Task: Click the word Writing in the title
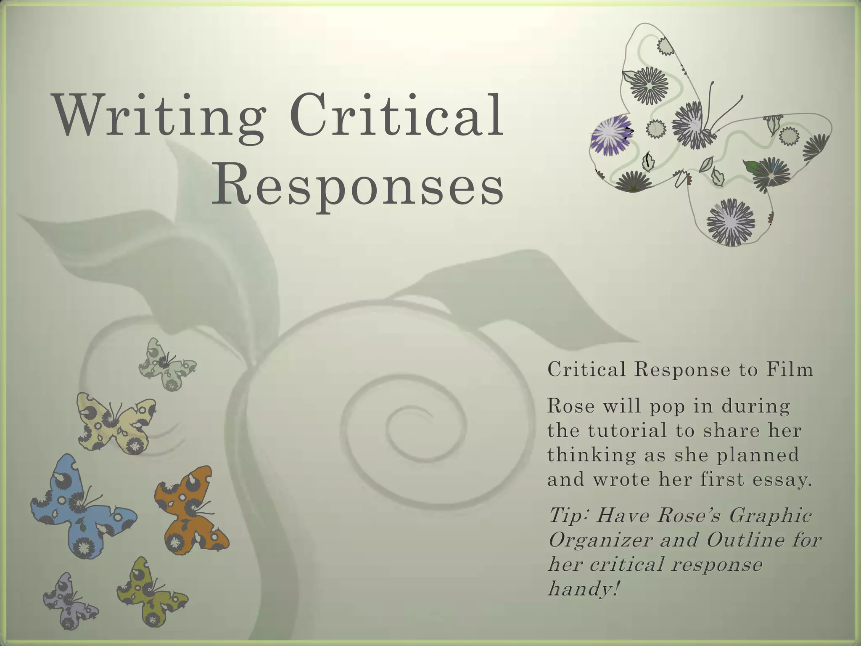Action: point(160,116)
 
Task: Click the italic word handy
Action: point(582,588)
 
